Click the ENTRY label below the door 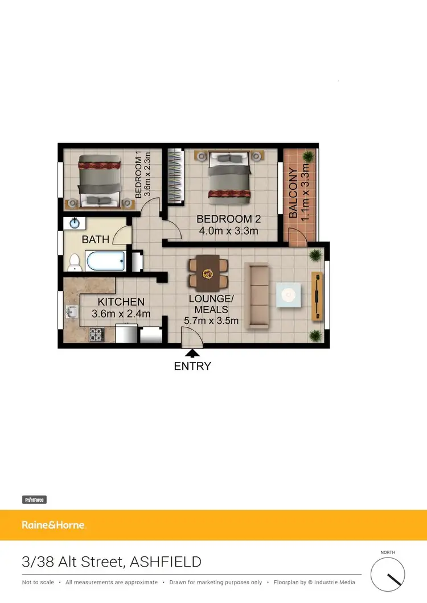tap(192, 367)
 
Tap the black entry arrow tap(192, 354)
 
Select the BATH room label tap(96, 240)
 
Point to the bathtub tap(105, 261)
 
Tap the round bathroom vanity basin tap(75, 223)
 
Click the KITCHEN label tap(121, 302)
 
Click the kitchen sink tap(71, 311)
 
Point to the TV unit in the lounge tap(317, 295)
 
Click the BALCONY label tap(293, 193)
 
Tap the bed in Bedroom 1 tap(99, 180)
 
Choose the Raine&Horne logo tap(53, 525)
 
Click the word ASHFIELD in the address tap(166, 563)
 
